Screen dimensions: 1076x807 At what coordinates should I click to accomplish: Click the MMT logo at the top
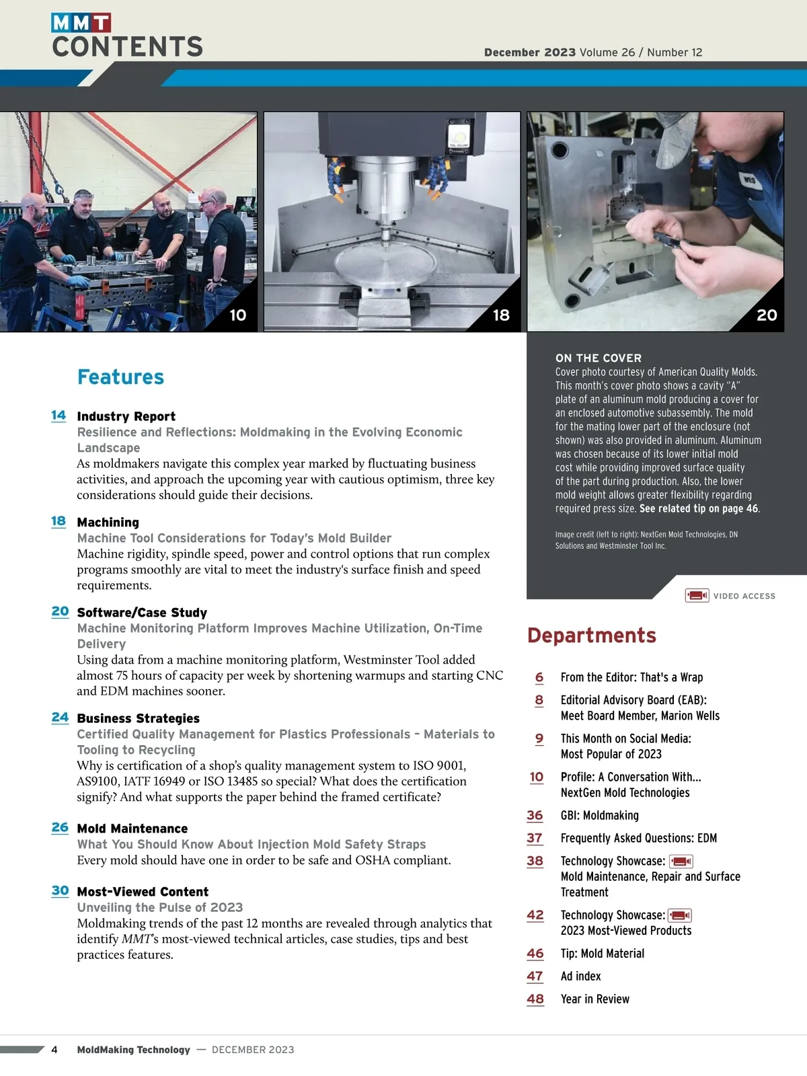[x=81, y=23]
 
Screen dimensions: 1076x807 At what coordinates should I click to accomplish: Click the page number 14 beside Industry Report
[x=59, y=415]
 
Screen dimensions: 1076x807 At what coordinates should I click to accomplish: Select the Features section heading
[x=120, y=377]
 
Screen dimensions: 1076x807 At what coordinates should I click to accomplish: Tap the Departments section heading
[x=591, y=635]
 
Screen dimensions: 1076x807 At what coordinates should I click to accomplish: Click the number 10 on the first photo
[x=237, y=315]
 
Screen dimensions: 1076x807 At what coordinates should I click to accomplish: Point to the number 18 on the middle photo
[x=501, y=315]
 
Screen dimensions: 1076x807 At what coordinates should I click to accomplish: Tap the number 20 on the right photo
[x=767, y=315]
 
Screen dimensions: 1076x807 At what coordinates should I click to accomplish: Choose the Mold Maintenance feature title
[x=132, y=829]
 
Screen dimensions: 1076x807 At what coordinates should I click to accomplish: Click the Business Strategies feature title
[x=138, y=718]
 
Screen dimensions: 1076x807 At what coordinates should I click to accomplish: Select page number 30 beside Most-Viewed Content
[x=60, y=890]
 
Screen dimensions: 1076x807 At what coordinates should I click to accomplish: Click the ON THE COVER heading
[x=598, y=358]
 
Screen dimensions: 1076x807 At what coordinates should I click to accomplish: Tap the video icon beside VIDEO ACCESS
[x=697, y=595]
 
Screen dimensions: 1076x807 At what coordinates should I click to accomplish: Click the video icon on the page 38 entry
[x=681, y=861]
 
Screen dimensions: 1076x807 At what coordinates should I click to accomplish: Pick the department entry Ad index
[x=580, y=976]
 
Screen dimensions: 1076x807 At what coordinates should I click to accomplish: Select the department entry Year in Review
[x=594, y=999]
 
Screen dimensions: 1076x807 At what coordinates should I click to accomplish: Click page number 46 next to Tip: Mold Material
[x=535, y=953]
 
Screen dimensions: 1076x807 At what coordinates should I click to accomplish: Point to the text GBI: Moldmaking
[x=599, y=815]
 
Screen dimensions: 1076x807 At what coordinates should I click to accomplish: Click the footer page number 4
[x=54, y=1049]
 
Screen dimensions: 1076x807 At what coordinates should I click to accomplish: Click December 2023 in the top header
[x=529, y=52]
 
